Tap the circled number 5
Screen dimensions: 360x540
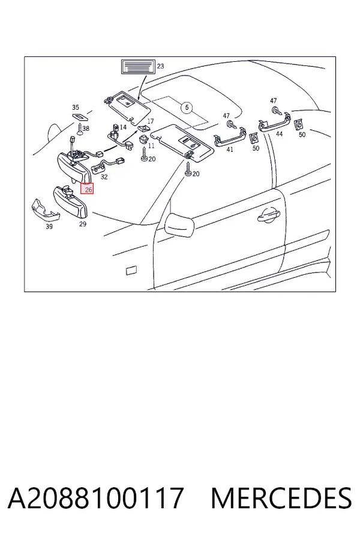tap(187, 108)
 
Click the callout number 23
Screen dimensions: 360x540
tap(161, 66)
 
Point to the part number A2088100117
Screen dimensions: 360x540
tap(95, 497)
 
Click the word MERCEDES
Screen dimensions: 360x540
tap(281, 497)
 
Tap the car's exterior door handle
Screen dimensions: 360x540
tap(269, 216)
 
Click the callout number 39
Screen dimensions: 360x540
tap(49, 226)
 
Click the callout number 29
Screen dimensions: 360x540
tap(83, 224)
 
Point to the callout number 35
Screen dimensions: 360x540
tap(76, 107)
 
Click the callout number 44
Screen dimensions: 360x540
tap(279, 134)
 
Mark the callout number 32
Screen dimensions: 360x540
tap(104, 177)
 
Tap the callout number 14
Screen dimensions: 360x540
tap(124, 127)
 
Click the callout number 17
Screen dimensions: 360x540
tap(151, 121)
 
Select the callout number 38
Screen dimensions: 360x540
tap(86, 128)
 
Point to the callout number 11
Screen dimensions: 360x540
tap(151, 146)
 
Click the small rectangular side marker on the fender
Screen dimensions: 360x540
tap(131, 271)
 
